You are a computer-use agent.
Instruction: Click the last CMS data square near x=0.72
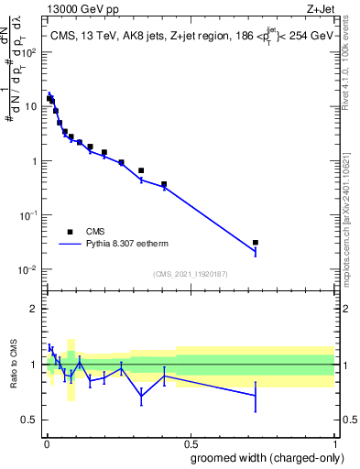coord(256,243)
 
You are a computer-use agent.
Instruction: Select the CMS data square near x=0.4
coord(164,184)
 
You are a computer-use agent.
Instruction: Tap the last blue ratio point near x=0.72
coord(256,396)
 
